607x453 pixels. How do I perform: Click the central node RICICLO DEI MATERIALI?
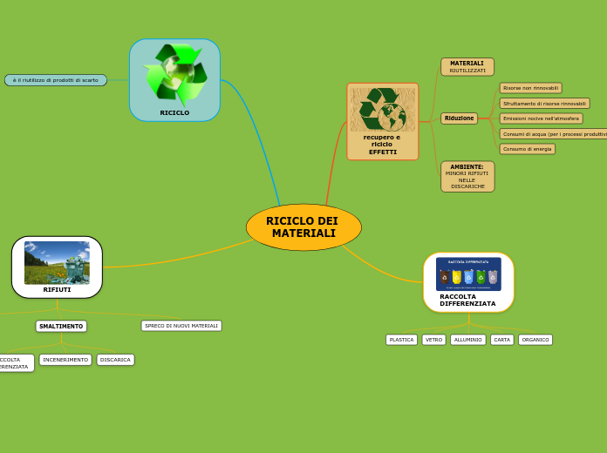click(x=303, y=227)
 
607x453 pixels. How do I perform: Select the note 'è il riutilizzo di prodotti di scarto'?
click(x=56, y=80)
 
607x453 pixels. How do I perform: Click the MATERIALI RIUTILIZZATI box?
click(x=467, y=67)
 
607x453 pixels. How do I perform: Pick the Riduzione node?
click(x=459, y=118)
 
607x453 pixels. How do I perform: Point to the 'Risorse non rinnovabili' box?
click(x=530, y=88)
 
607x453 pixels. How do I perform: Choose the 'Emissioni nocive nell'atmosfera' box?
click(x=541, y=118)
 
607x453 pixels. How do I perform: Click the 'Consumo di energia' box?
click(x=527, y=149)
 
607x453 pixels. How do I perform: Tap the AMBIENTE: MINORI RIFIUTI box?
click(x=467, y=176)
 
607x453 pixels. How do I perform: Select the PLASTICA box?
click(x=401, y=340)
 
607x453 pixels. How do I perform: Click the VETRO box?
click(x=433, y=340)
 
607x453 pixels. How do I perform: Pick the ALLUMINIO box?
click(x=468, y=340)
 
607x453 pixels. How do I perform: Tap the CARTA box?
click(x=501, y=340)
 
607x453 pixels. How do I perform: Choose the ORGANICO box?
click(x=535, y=340)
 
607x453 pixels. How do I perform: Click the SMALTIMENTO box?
click(x=61, y=327)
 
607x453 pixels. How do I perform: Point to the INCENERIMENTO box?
click(x=65, y=360)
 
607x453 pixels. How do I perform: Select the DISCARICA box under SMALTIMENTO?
click(x=115, y=360)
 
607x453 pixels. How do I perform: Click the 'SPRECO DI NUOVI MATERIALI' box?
click(x=181, y=326)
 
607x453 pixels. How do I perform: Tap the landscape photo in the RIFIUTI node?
click(x=57, y=262)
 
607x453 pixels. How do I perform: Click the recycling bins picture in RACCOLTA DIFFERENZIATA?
click(x=468, y=274)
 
